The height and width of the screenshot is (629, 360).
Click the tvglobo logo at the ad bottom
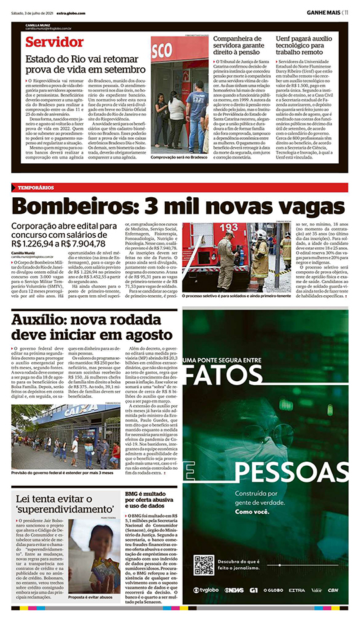click(x=206, y=590)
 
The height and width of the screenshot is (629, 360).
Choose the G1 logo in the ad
click(x=253, y=590)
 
